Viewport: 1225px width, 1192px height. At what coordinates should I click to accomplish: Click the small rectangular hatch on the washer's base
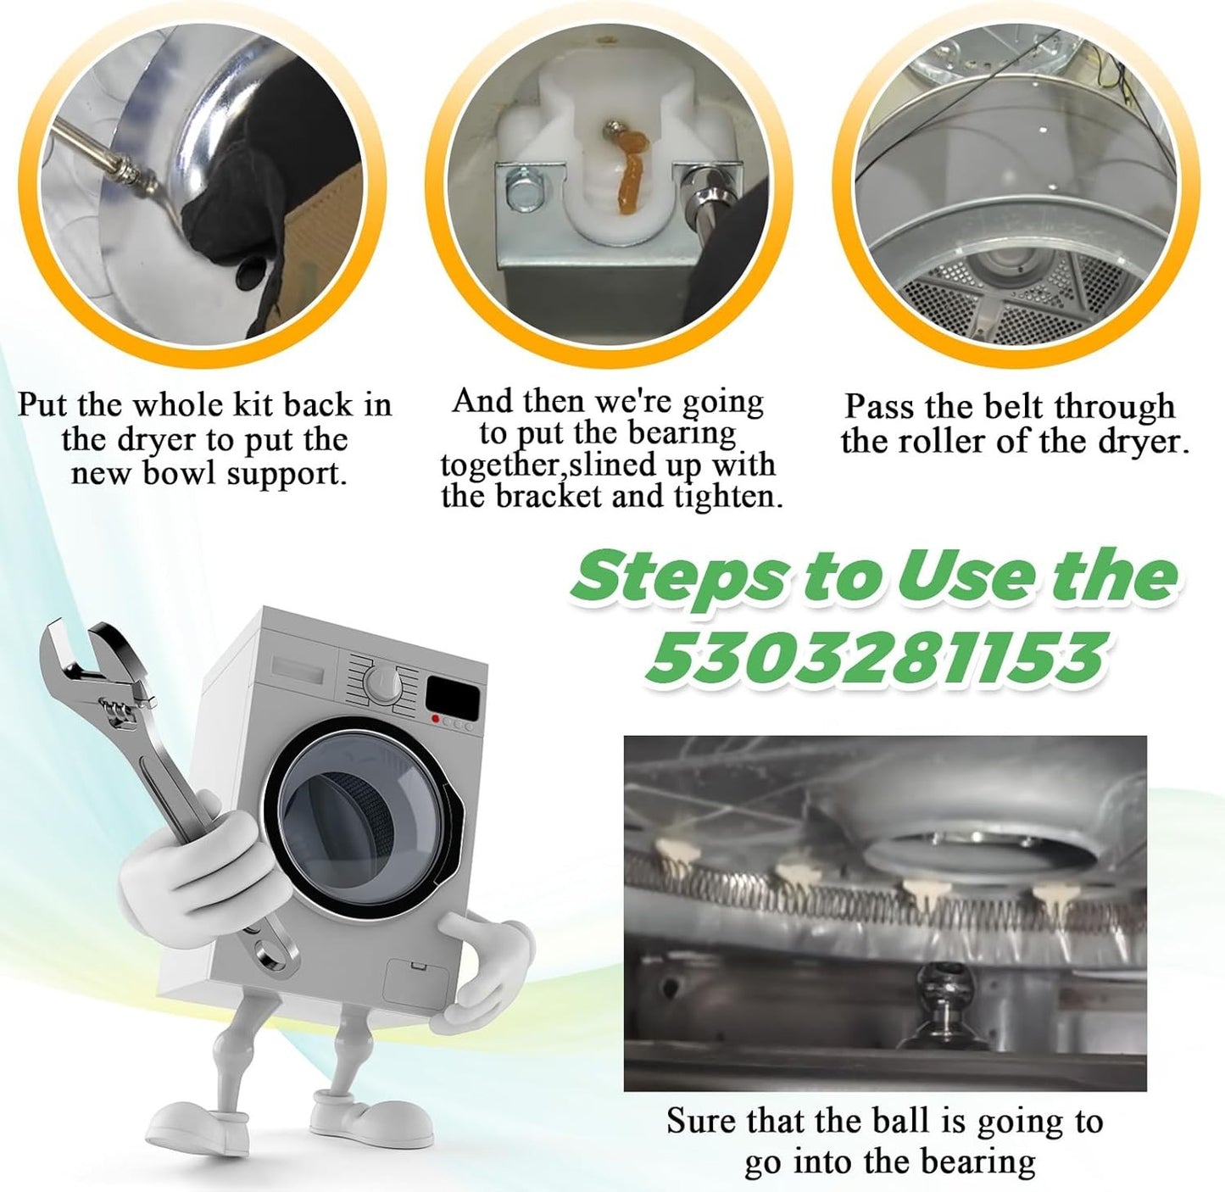click(415, 981)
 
